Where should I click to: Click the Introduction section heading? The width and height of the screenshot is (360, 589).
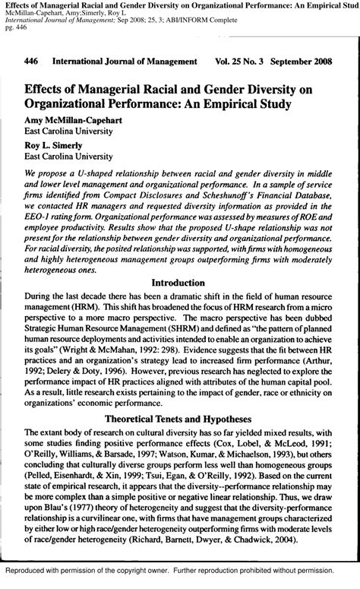[179, 281]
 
